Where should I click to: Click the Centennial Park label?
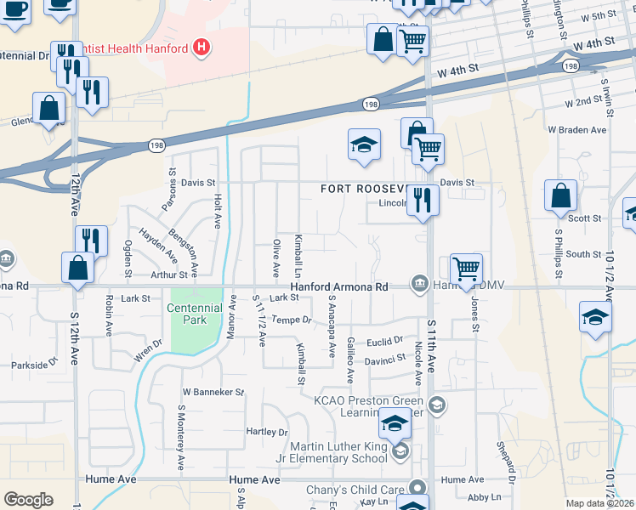[x=188, y=314]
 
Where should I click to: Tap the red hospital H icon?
[x=201, y=48]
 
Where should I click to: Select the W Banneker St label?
[x=213, y=393]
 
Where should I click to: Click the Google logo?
[x=28, y=500]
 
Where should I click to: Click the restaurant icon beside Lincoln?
[x=423, y=201]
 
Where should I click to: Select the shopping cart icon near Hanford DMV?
[x=466, y=269]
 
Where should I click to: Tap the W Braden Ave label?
[x=577, y=130]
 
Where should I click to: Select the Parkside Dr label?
[x=34, y=365]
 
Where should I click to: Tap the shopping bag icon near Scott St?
[x=560, y=197]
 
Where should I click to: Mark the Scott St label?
[x=584, y=218]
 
